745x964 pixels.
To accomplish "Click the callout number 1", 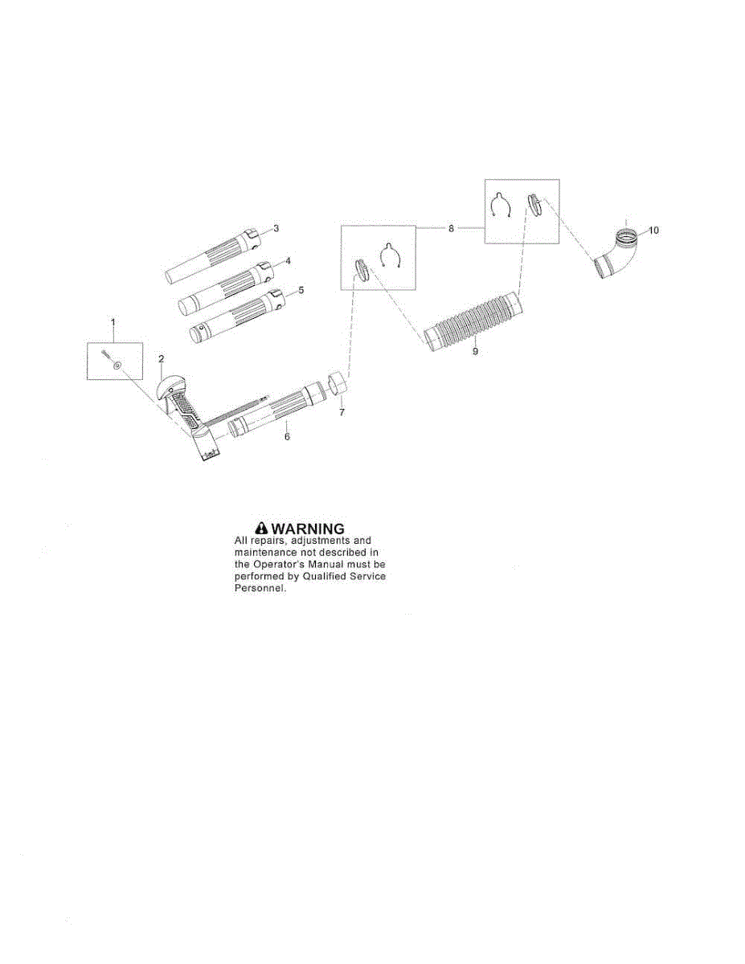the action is click(x=113, y=322).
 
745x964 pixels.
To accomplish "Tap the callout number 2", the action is click(x=161, y=357).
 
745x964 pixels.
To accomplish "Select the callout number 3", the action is click(x=276, y=229).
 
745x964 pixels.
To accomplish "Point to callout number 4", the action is click(x=288, y=261).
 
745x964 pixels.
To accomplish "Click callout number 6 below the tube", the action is click(x=287, y=436).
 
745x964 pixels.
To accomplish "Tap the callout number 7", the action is click(x=342, y=412).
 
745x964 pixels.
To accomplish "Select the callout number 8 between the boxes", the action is click(x=451, y=228).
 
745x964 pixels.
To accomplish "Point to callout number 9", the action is click(x=475, y=351).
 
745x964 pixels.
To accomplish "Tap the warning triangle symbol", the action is click(x=260, y=529).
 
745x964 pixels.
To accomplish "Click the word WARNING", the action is click(x=309, y=529).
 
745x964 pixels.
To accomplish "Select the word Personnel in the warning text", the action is click(x=259, y=589).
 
